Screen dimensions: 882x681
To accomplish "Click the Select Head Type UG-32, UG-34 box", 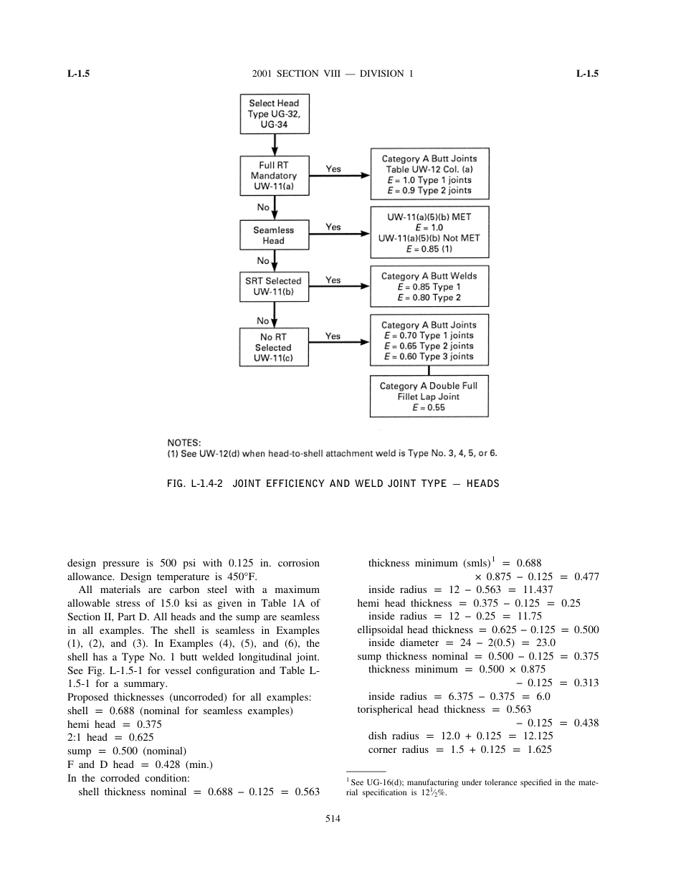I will pos(274,114).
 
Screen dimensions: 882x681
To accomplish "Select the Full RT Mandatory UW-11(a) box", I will pos(274,176).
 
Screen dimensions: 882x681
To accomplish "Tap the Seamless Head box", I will pos(274,235).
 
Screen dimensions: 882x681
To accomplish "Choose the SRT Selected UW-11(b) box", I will pos(274,286).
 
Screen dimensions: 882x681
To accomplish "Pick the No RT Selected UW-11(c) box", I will pos(274,347).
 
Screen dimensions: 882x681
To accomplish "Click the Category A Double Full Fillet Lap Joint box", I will pos(429,396).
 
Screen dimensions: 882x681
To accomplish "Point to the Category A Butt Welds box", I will pos(429,286).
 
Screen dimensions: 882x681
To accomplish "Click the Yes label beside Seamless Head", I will pos(333,227).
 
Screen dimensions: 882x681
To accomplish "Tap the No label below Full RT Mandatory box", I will pos(263,207).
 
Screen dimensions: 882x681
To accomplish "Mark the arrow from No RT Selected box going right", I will pos(339,346).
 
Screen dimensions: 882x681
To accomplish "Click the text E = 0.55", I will pos(429,407).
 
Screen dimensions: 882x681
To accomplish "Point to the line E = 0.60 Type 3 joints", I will pos(429,356).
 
